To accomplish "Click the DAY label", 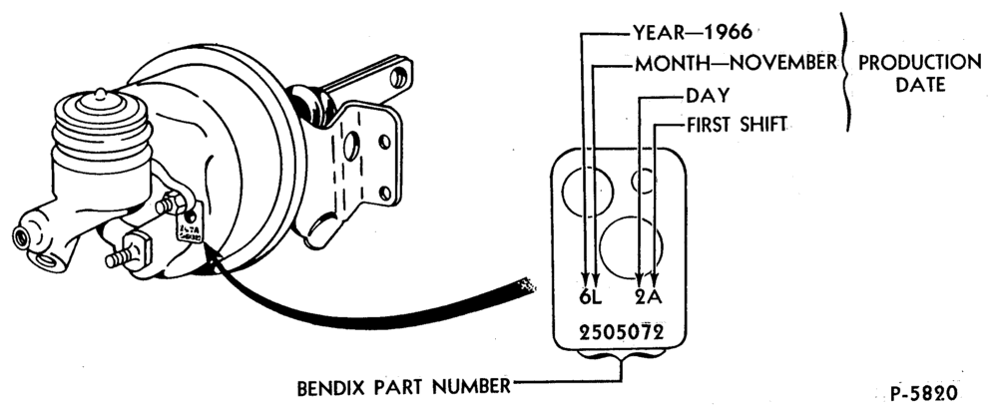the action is [x=708, y=96].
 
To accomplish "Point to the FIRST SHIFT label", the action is [x=737, y=125].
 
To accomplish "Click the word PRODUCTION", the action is [x=919, y=62].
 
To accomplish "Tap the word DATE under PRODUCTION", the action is [x=920, y=84].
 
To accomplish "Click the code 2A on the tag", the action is [x=649, y=297].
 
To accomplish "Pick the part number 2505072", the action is [x=621, y=332].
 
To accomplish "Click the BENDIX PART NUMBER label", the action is [x=403, y=386].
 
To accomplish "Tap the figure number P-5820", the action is [x=923, y=394].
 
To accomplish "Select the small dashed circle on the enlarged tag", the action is [x=644, y=182].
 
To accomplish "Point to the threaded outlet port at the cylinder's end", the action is [x=25, y=237].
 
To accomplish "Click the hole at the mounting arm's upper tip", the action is [x=399, y=77].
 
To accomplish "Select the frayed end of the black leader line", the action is [x=525, y=286].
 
